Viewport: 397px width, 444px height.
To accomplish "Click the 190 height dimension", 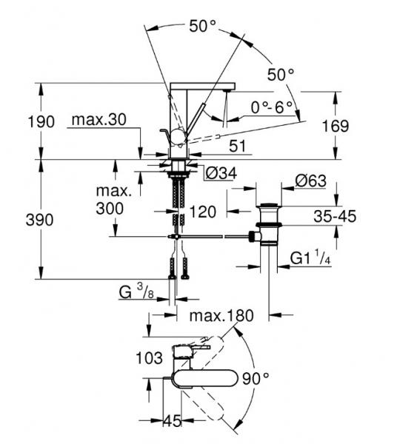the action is coord(41,122).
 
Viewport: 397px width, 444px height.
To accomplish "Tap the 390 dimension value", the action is coord(39,220).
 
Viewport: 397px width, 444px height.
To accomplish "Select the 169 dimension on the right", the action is coord(336,126).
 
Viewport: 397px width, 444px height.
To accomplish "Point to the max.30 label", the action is coord(99,119).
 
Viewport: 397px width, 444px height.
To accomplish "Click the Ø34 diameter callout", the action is coord(221,173).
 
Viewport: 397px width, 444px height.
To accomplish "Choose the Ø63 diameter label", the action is coord(311,181).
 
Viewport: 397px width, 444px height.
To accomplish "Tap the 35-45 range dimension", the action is coord(335,216).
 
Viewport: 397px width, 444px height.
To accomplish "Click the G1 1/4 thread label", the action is coord(310,258).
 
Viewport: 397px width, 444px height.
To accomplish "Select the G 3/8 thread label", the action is coord(136,291).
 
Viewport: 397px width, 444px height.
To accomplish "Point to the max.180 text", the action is coord(221,315).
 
